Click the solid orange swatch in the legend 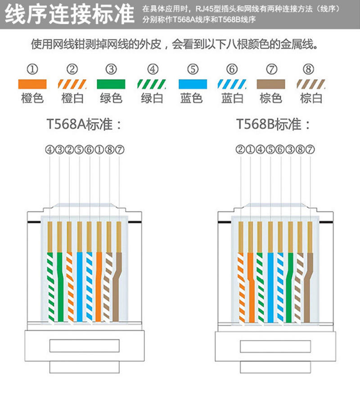pos(32,84)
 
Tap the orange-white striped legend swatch pos(72,84)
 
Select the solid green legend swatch pos(111,84)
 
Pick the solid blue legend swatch pos(193,84)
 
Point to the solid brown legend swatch pos(271,84)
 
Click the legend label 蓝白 pos(232,99)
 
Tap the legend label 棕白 pos(311,99)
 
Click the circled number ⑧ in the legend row pos(308,69)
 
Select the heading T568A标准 pos(84,124)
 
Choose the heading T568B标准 pos(273,124)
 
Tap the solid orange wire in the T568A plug pos(99,287)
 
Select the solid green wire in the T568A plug pos(60,287)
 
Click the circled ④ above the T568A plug pos(49,150)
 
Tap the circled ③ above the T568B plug pos(290,149)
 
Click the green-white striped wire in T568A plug pos(50,287)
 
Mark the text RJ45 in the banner pos(205,9)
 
